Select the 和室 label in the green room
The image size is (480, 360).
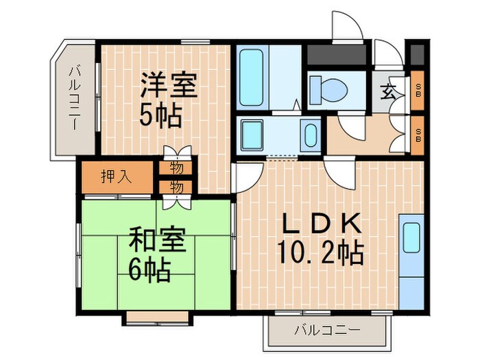pos(157,243)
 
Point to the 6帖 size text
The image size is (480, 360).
pos(149,272)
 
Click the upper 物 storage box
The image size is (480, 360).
pos(176,168)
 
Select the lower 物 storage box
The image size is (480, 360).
pos(176,186)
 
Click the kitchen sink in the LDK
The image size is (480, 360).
pos(411,237)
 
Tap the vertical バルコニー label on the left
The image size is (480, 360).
pos(74,99)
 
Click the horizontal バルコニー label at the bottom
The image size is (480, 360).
pos(327,331)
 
